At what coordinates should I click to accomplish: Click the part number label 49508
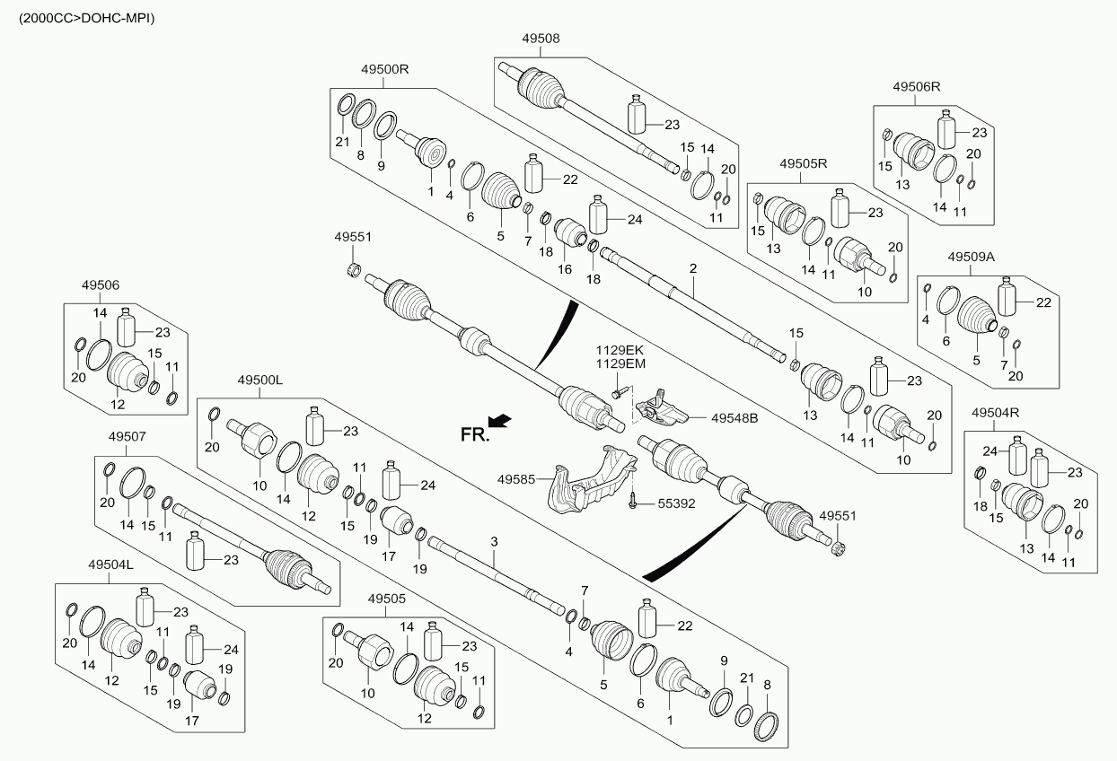click(x=540, y=39)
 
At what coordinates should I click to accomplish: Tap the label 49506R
click(x=916, y=87)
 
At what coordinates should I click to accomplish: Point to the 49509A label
click(x=971, y=257)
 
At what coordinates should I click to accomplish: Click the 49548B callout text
click(x=734, y=418)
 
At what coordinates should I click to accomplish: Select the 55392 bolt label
click(x=675, y=504)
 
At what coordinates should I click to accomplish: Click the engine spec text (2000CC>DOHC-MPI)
click(x=80, y=17)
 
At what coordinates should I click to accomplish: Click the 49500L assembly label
click(x=260, y=380)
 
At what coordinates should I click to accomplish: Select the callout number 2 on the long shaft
click(x=693, y=268)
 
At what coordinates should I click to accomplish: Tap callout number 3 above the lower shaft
click(x=493, y=541)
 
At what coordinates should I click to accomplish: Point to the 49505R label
click(x=803, y=164)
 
